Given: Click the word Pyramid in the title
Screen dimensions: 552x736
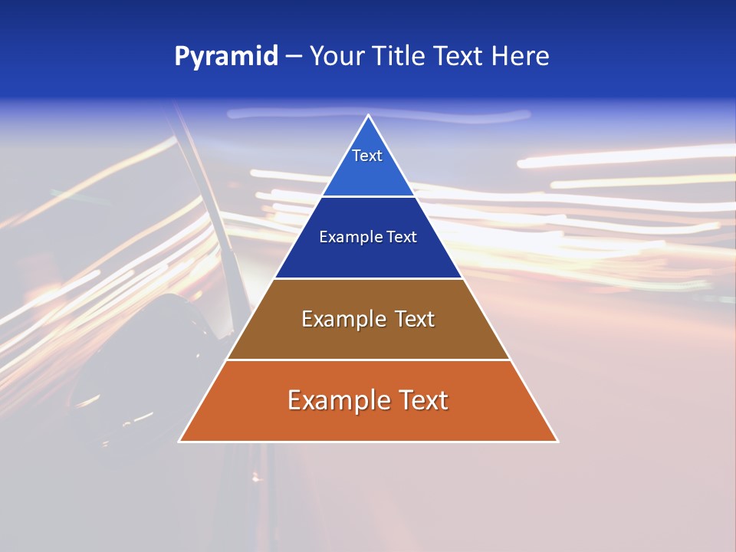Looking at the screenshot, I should tap(225, 57).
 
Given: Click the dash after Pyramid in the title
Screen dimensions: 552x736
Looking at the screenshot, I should tap(294, 57).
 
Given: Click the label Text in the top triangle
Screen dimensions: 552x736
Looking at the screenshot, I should tap(367, 156).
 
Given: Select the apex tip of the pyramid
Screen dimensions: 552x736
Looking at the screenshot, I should tap(368, 116).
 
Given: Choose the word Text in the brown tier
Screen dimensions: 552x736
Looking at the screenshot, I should tap(414, 319).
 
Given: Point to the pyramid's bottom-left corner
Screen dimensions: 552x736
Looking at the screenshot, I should tap(180, 441).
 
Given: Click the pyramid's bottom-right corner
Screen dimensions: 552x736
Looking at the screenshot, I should tap(557, 441).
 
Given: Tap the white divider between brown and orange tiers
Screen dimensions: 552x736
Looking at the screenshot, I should tap(368, 360).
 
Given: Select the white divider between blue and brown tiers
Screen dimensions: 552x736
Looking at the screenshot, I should tap(368, 278).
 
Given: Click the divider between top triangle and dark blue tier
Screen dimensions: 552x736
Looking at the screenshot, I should tap(368, 196).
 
